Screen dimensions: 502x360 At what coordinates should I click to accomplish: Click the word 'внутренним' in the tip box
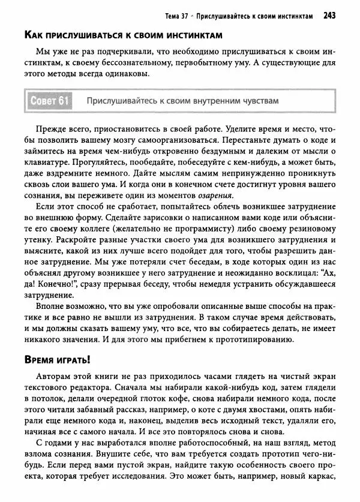pos(205,101)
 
